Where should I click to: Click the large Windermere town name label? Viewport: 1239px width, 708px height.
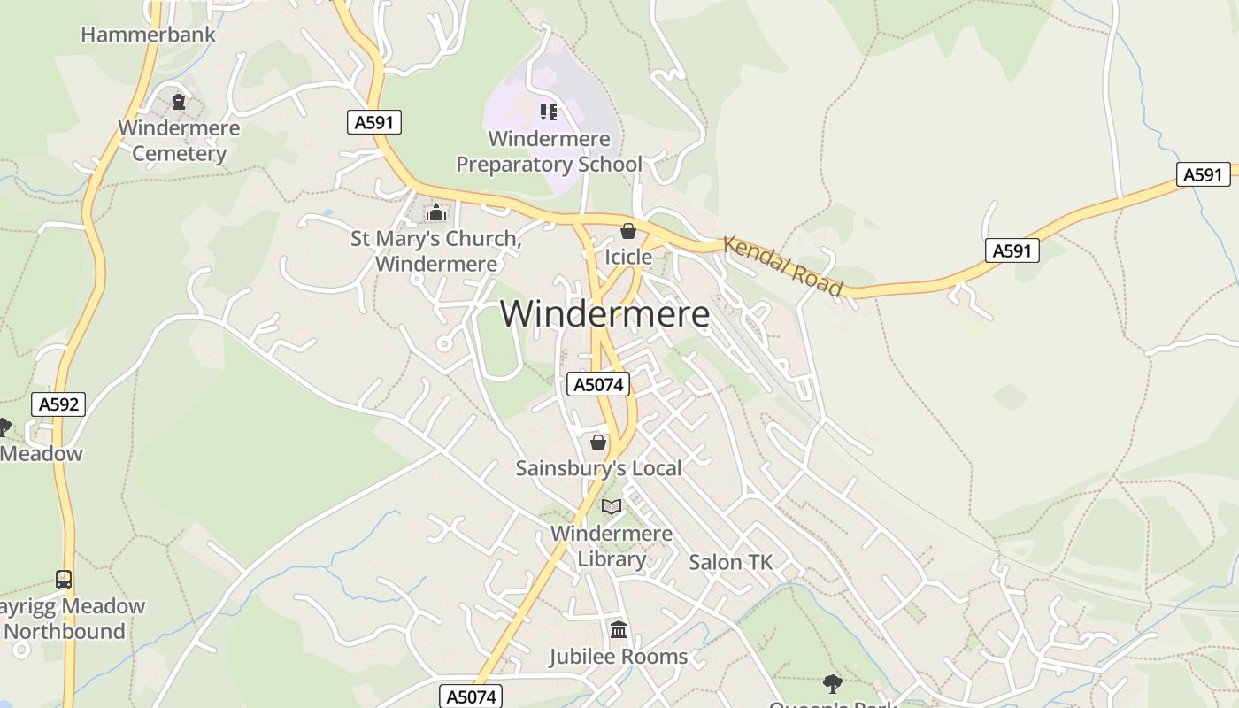[604, 314]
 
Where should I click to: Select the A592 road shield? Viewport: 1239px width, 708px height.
[58, 404]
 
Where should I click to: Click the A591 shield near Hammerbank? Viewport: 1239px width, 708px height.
[373, 122]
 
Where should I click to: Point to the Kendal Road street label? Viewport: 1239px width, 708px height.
[782, 265]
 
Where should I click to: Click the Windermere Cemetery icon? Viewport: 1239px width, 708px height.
[179, 102]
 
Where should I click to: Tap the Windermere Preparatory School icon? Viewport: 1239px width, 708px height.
[549, 112]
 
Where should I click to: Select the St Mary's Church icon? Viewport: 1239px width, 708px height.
[435, 212]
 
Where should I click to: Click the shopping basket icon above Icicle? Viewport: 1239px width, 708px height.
[628, 232]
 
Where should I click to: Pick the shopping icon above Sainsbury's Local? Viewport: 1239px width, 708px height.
[598, 442]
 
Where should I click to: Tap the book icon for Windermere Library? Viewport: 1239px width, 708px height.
[612, 507]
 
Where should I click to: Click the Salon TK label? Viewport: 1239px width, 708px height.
[730, 562]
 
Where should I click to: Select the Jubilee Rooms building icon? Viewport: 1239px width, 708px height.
[619, 630]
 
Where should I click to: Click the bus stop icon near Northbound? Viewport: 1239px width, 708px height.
[64, 580]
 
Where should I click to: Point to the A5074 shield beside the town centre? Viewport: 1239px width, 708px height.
[598, 384]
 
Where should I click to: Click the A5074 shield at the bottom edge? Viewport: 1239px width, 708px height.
[471, 696]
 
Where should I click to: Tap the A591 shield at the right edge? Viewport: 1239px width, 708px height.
[1203, 174]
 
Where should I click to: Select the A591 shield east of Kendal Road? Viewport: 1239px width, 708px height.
[1012, 250]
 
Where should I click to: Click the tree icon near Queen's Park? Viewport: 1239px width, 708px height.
[832, 682]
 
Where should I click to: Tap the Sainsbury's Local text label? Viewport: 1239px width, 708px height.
[598, 468]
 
